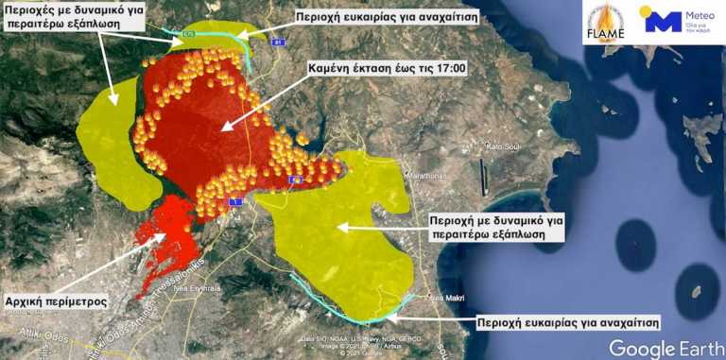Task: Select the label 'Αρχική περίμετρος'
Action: [55, 301]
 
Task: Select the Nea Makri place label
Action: [448, 300]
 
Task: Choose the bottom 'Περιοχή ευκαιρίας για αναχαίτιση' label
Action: [568, 320]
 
